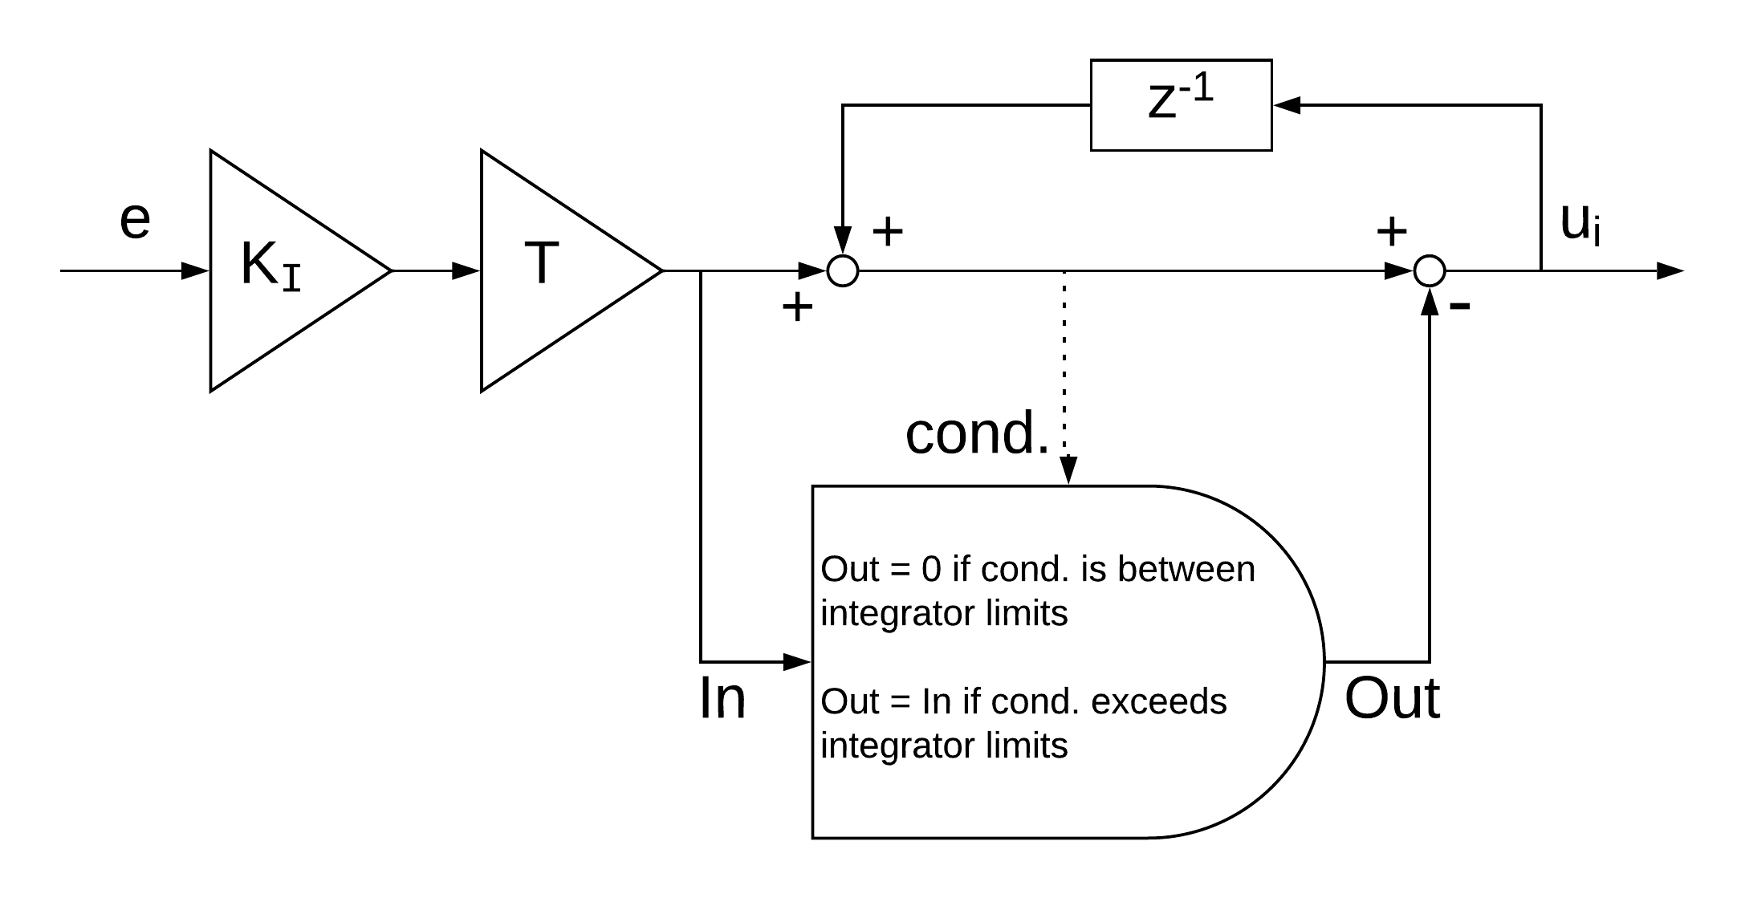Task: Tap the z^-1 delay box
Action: tap(1181, 105)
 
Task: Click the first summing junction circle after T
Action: tap(843, 271)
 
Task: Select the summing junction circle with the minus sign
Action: tap(1429, 271)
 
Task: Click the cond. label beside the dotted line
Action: tap(977, 433)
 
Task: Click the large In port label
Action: tap(722, 698)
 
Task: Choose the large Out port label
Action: tap(1392, 698)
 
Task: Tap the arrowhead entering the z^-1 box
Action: tap(1286, 105)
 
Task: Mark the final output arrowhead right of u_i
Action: tap(1670, 271)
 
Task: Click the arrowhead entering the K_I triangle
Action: tap(196, 271)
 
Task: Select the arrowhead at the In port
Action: tap(797, 662)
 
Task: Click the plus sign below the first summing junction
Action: tap(797, 307)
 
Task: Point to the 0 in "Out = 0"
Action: tap(931, 569)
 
